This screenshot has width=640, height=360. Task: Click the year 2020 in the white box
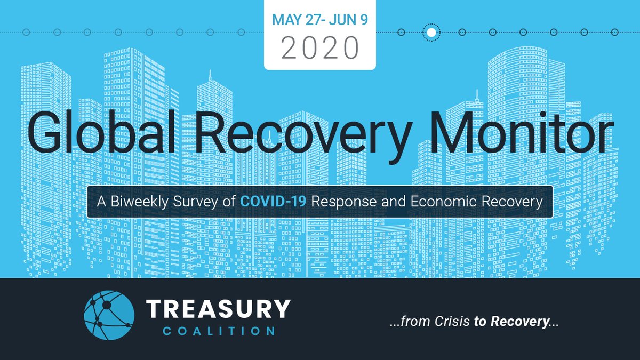click(319, 48)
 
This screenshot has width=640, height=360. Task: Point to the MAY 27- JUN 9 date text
click(319, 20)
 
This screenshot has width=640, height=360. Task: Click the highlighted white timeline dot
click(431, 33)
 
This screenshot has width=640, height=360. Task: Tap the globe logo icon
click(109, 315)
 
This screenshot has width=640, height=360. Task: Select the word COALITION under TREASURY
click(218, 331)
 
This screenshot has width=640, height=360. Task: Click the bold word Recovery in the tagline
click(520, 323)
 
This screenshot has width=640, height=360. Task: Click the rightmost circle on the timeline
click(614, 33)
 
